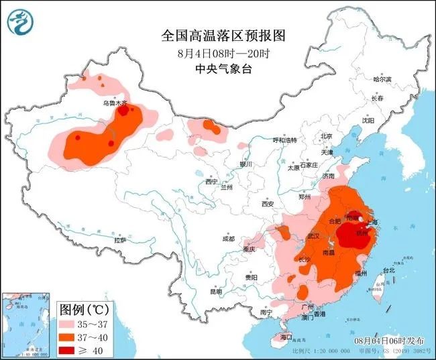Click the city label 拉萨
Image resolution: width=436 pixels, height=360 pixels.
pyautogui.click(x=120, y=239)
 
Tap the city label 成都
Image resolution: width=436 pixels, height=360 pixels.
pyautogui.click(x=229, y=239)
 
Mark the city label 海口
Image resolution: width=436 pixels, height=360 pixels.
pyautogui.click(x=287, y=336)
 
